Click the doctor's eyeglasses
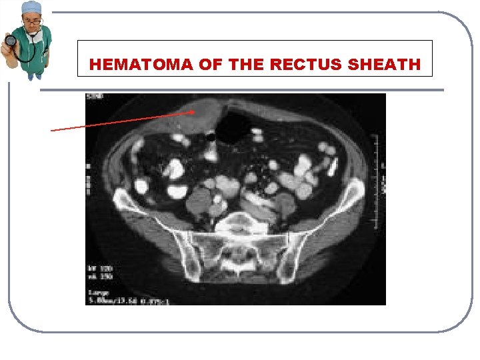coord(32,21)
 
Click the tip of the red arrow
coord(195,112)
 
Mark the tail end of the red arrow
coord(52,131)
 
